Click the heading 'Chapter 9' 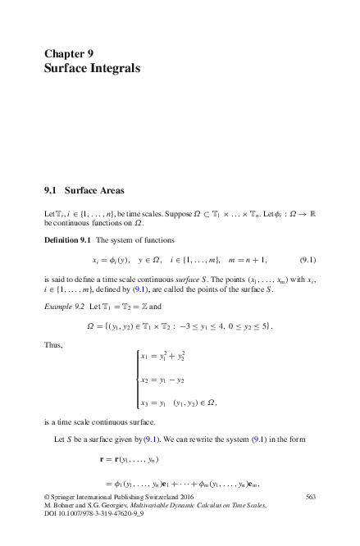(74, 54)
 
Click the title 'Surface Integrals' (93, 69)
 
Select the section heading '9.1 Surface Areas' (84, 191)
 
